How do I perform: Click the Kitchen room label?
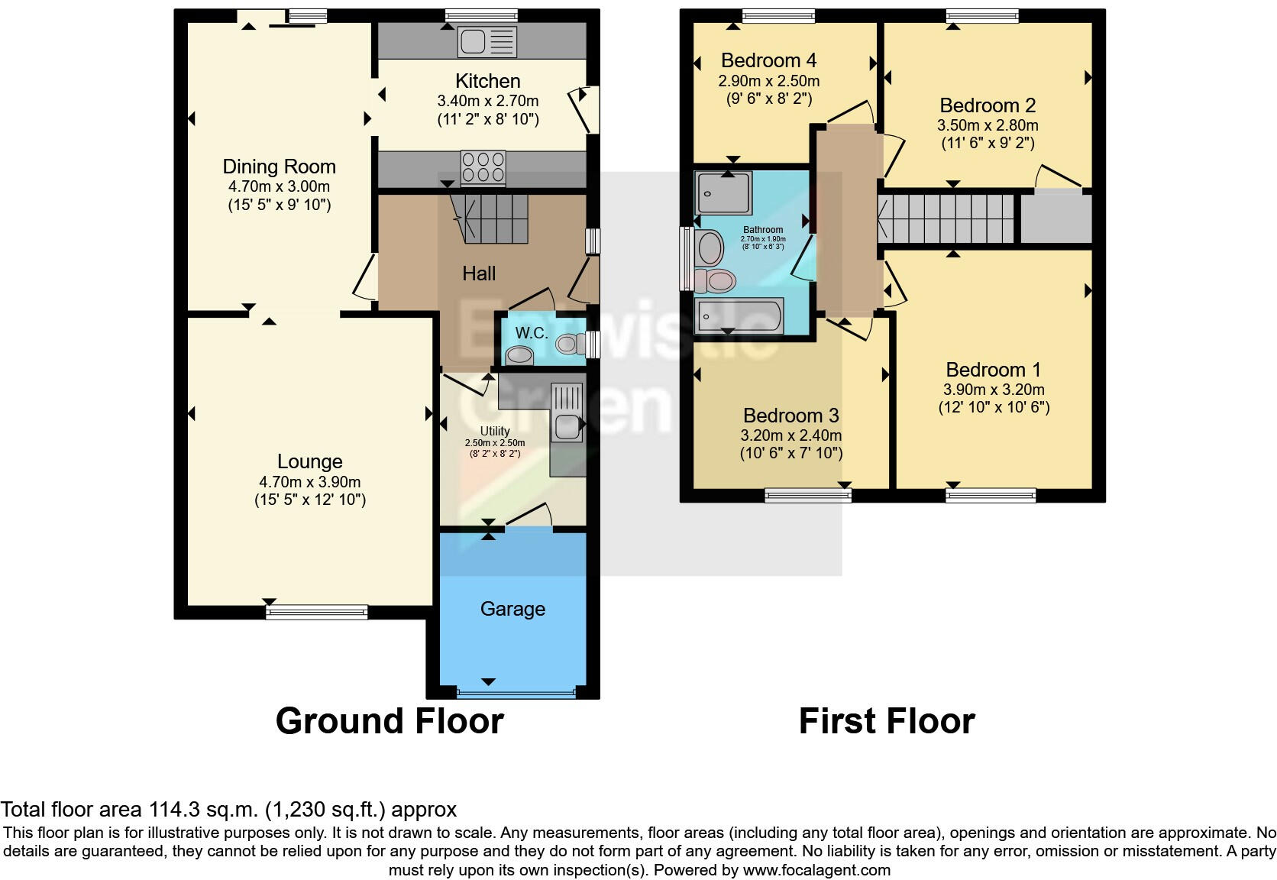pos(487,81)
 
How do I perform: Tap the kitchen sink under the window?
pos(487,41)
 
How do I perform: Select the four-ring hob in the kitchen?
pos(483,167)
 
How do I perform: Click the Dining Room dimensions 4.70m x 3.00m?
pos(279,186)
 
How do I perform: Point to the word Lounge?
pos(309,461)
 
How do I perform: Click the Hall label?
pos(479,273)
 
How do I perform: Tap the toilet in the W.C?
pos(567,345)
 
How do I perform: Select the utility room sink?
pos(566,425)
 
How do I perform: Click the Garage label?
pos(512,609)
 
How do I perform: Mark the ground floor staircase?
pos(489,218)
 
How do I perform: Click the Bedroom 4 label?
pos(768,60)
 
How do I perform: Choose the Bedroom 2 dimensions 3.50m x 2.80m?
pos(988,125)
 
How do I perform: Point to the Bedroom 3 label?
pos(790,416)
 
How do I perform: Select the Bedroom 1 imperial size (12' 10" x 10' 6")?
pos(994,407)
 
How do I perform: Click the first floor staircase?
pos(946,218)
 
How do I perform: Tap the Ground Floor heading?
pos(390,721)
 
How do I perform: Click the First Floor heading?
pos(887,721)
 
